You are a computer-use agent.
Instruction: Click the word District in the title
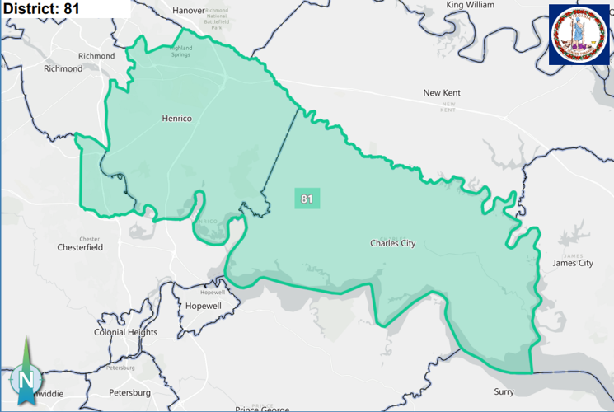click(x=30, y=9)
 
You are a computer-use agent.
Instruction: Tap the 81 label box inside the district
click(x=307, y=199)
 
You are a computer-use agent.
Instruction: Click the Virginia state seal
click(x=581, y=34)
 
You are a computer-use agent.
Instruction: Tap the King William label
click(x=470, y=5)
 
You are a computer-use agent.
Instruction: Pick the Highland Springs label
click(x=180, y=51)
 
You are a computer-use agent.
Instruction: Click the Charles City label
click(x=392, y=243)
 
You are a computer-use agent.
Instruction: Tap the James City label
click(x=573, y=263)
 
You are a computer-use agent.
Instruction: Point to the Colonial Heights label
click(x=125, y=332)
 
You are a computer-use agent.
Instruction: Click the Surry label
click(x=503, y=392)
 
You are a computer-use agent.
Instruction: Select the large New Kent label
click(x=442, y=93)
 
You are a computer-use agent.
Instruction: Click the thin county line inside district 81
click(x=283, y=152)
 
